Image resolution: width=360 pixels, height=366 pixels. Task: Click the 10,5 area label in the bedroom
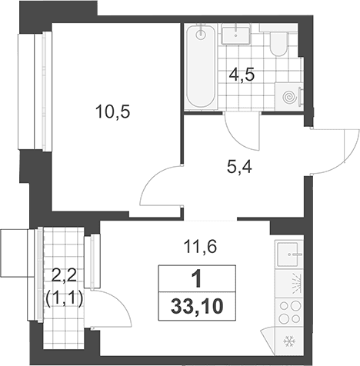pyautogui.click(x=113, y=112)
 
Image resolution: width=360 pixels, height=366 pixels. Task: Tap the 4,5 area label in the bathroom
pyautogui.click(x=242, y=75)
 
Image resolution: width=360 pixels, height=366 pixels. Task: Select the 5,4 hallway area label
pyautogui.click(x=240, y=168)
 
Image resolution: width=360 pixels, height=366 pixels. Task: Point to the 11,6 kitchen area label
pyautogui.click(x=200, y=247)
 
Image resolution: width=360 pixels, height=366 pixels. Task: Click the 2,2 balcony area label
pyautogui.click(x=64, y=276)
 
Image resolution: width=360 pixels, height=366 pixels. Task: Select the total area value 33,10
pyautogui.click(x=197, y=307)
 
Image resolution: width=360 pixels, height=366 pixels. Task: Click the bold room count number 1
pyautogui.click(x=197, y=279)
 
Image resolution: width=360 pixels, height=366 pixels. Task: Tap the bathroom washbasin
pyautogui.click(x=235, y=35)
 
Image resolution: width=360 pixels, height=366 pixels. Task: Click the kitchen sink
pyautogui.click(x=288, y=254)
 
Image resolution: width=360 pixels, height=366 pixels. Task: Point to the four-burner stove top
pyautogui.click(x=289, y=312)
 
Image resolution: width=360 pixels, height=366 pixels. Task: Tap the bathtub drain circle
pyautogui.click(x=201, y=35)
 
